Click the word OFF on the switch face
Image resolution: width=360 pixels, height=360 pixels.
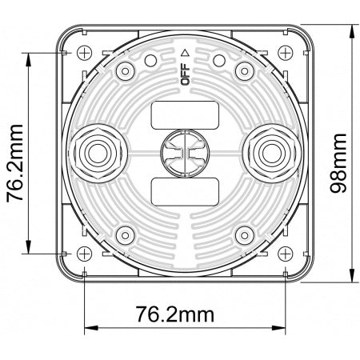(x=185, y=75)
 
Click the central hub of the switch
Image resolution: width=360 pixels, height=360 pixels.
(x=184, y=152)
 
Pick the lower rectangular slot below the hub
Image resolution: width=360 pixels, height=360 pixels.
(x=184, y=190)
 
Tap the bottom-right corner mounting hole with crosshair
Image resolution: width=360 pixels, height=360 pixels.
(x=284, y=252)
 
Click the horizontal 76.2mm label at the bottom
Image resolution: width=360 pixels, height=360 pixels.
(x=185, y=312)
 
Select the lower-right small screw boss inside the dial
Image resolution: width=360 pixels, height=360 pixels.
(x=245, y=234)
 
